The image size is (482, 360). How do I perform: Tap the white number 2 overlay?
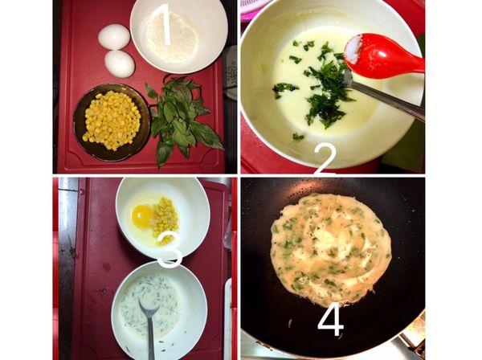click(x=325, y=160)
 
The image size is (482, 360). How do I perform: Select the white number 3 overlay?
click(x=170, y=248)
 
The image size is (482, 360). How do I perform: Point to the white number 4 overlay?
click(x=331, y=320)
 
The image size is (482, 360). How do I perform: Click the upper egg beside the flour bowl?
click(x=114, y=37)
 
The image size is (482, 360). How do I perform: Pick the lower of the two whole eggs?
click(x=120, y=64)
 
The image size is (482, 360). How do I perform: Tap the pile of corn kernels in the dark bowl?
click(x=112, y=120)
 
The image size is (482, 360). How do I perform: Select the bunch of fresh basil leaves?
click(x=182, y=118)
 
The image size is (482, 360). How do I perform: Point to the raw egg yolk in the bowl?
click(x=142, y=216)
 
